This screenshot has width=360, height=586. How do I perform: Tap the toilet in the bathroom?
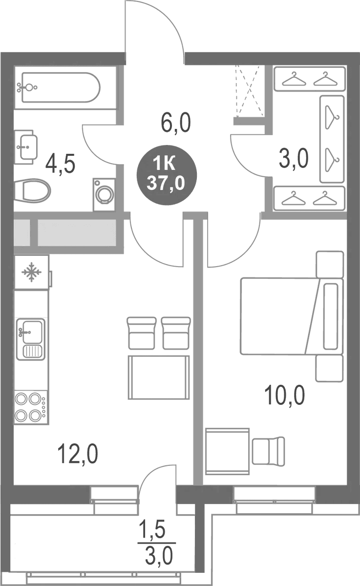(x=32, y=190)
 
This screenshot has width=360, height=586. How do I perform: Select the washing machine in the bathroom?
(x=105, y=195)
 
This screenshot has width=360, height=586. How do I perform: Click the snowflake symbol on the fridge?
(x=31, y=272)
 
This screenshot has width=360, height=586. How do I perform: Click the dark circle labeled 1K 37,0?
(x=167, y=175)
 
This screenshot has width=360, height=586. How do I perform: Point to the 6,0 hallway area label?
(x=176, y=123)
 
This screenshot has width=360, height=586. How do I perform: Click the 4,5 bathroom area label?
(x=60, y=164)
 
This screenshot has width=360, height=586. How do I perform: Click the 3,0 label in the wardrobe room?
(x=294, y=159)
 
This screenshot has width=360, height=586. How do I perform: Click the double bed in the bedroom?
(x=292, y=316)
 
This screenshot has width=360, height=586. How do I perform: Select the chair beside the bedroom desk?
(x=269, y=451)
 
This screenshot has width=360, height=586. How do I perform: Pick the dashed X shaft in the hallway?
(x=250, y=91)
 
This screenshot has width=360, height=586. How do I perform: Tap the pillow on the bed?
(x=330, y=316)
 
